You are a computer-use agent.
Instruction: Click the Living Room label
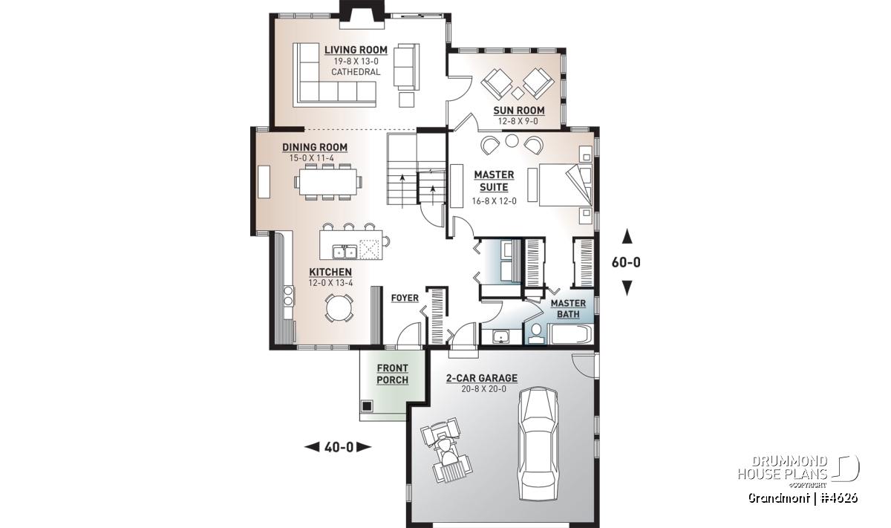(x=356, y=50)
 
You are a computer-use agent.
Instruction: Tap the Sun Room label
(x=519, y=111)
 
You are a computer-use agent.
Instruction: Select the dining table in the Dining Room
(x=328, y=182)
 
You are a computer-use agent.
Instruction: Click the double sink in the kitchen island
(x=345, y=252)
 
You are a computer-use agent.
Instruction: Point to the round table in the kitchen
(x=339, y=307)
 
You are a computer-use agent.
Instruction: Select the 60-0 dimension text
(x=626, y=263)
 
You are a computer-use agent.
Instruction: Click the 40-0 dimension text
(x=339, y=447)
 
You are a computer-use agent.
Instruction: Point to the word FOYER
(x=405, y=298)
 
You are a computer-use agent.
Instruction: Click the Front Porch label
(x=392, y=374)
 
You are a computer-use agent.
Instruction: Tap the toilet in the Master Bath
(x=536, y=334)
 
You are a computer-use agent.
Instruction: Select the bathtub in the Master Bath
(x=570, y=334)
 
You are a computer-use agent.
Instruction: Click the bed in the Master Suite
(x=565, y=185)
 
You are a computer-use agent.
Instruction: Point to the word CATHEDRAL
(x=356, y=72)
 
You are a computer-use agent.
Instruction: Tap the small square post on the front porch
(x=366, y=406)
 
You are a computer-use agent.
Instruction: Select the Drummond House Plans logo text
(x=783, y=467)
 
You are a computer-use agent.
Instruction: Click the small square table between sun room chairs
(x=518, y=94)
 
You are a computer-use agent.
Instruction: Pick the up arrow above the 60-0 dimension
(x=627, y=236)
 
